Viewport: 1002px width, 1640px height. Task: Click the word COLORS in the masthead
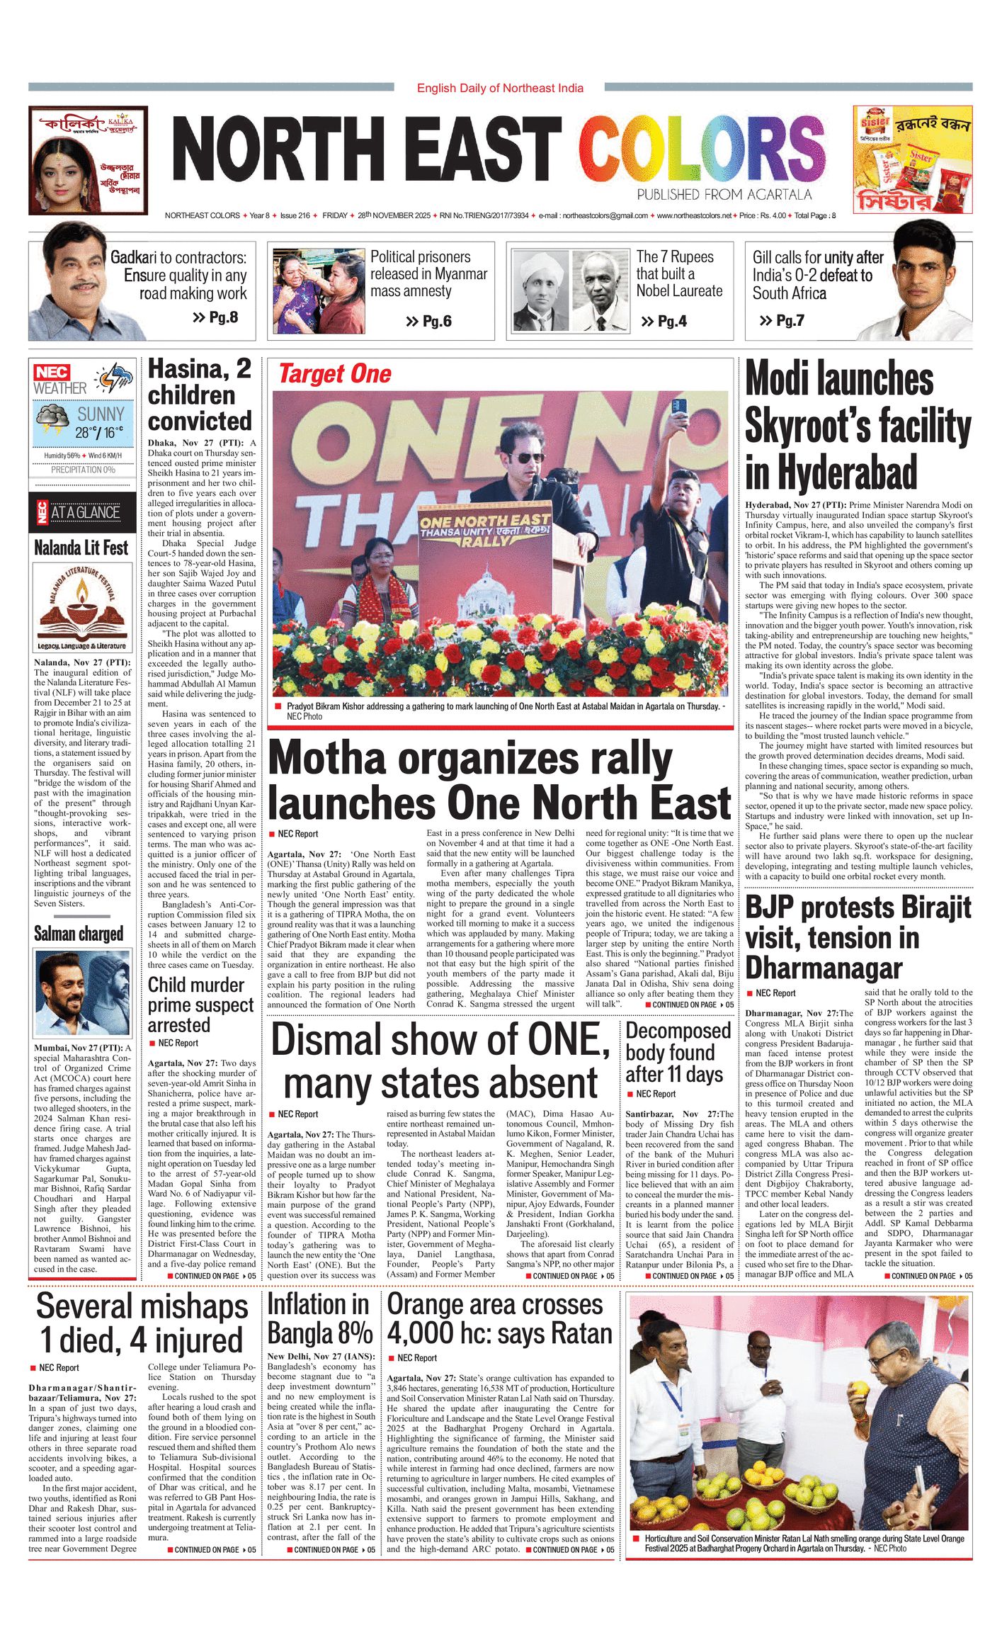[x=701, y=150]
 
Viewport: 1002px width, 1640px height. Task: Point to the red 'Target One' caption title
[x=334, y=374]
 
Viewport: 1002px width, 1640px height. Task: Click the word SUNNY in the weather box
[x=101, y=414]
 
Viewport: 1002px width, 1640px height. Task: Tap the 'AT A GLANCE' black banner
[x=85, y=512]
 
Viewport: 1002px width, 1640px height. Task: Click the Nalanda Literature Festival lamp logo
[x=83, y=601]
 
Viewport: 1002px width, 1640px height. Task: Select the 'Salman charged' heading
[x=79, y=934]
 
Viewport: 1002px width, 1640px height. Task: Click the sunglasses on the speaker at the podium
[x=525, y=458]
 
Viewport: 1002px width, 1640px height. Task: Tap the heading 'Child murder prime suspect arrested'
[x=200, y=1005]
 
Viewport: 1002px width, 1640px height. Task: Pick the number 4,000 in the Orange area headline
[x=421, y=1333]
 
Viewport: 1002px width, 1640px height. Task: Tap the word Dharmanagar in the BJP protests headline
[x=824, y=968]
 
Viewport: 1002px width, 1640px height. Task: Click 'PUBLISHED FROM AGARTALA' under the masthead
[x=724, y=195]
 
